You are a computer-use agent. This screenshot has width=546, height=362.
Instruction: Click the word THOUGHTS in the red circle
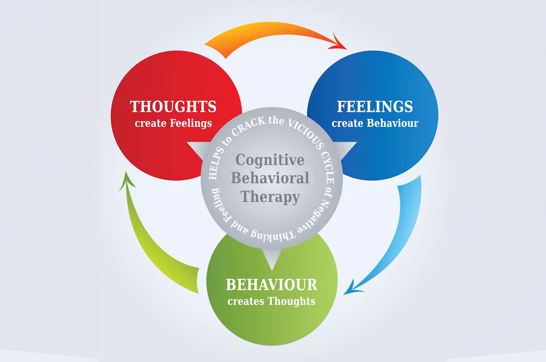[173, 107]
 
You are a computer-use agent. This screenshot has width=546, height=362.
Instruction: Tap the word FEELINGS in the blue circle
[375, 107]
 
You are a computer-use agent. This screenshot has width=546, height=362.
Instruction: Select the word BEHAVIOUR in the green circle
[272, 285]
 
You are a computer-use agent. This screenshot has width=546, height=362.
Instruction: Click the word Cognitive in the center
[270, 160]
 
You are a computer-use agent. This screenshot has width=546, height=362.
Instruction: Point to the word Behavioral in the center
[270, 178]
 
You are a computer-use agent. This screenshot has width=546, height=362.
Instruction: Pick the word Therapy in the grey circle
[270, 197]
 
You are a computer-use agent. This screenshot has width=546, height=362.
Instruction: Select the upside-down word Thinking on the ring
[273, 236]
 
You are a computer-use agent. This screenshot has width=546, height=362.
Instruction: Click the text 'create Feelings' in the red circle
[173, 124]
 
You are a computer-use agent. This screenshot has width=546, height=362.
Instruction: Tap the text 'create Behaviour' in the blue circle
[375, 124]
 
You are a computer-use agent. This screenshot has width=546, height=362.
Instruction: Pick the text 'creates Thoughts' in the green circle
[272, 301]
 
